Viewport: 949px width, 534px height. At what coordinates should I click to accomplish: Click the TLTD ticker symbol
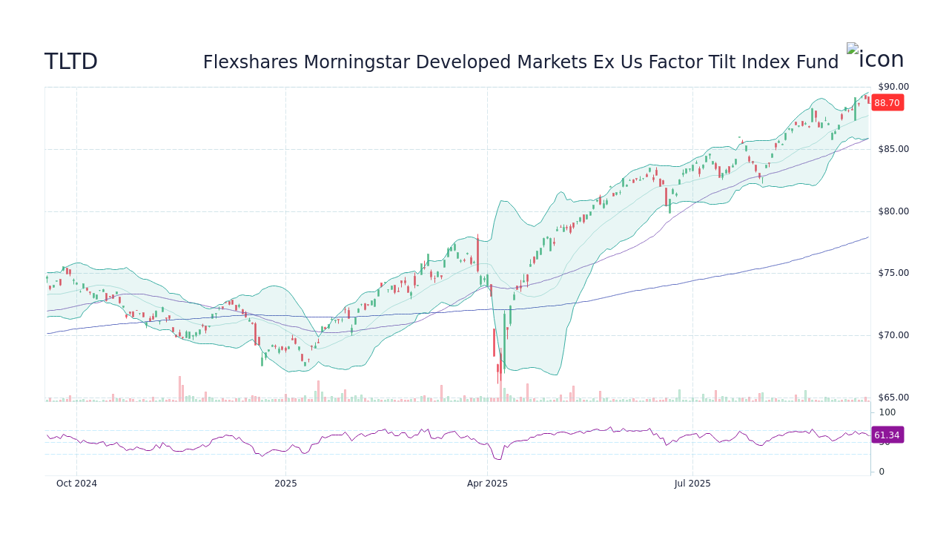tap(71, 62)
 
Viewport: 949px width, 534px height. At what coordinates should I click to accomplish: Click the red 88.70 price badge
tap(887, 103)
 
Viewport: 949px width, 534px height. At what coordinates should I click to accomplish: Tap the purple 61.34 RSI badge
tap(887, 435)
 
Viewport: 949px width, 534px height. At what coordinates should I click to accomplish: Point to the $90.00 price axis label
tap(893, 87)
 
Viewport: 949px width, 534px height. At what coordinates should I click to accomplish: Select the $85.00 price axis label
tap(893, 149)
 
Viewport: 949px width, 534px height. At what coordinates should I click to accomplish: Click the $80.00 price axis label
tap(893, 211)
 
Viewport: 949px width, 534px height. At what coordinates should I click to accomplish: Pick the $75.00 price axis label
tap(893, 273)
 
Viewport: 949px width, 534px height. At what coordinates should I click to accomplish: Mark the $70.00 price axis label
tap(893, 335)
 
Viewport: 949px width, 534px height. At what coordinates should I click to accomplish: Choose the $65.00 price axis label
tap(893, 398)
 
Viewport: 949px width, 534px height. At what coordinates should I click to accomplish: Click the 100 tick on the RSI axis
tap(887, 412)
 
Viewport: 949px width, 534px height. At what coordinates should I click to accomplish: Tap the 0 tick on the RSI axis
tap(882, 472)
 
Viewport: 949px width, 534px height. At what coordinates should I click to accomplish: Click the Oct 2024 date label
tap(76, 484)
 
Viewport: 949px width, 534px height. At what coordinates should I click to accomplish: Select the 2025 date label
tap(285, 484)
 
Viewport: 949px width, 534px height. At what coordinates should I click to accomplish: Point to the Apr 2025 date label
tap(487, 484)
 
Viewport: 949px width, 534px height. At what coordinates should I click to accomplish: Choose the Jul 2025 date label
tap(692, 484)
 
